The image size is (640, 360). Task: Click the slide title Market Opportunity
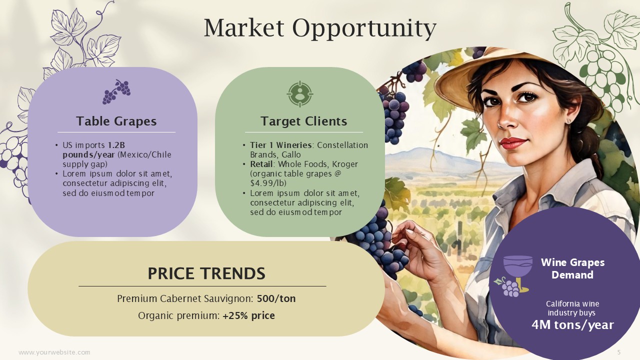320,28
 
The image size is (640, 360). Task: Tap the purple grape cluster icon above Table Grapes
116,91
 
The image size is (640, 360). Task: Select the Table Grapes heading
116,121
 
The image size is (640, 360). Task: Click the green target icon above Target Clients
299,94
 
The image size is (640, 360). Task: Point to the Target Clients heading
303,121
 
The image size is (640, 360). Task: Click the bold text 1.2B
116,145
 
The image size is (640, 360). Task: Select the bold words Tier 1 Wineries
280,145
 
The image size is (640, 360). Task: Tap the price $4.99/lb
268,183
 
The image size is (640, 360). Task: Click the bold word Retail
261,164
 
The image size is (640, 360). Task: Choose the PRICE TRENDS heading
206,273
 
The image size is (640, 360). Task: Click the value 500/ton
276,298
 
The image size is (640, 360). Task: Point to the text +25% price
249,315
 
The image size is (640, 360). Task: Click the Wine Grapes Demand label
572,268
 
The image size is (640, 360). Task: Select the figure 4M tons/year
572,325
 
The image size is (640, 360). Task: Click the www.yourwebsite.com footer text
54,352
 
